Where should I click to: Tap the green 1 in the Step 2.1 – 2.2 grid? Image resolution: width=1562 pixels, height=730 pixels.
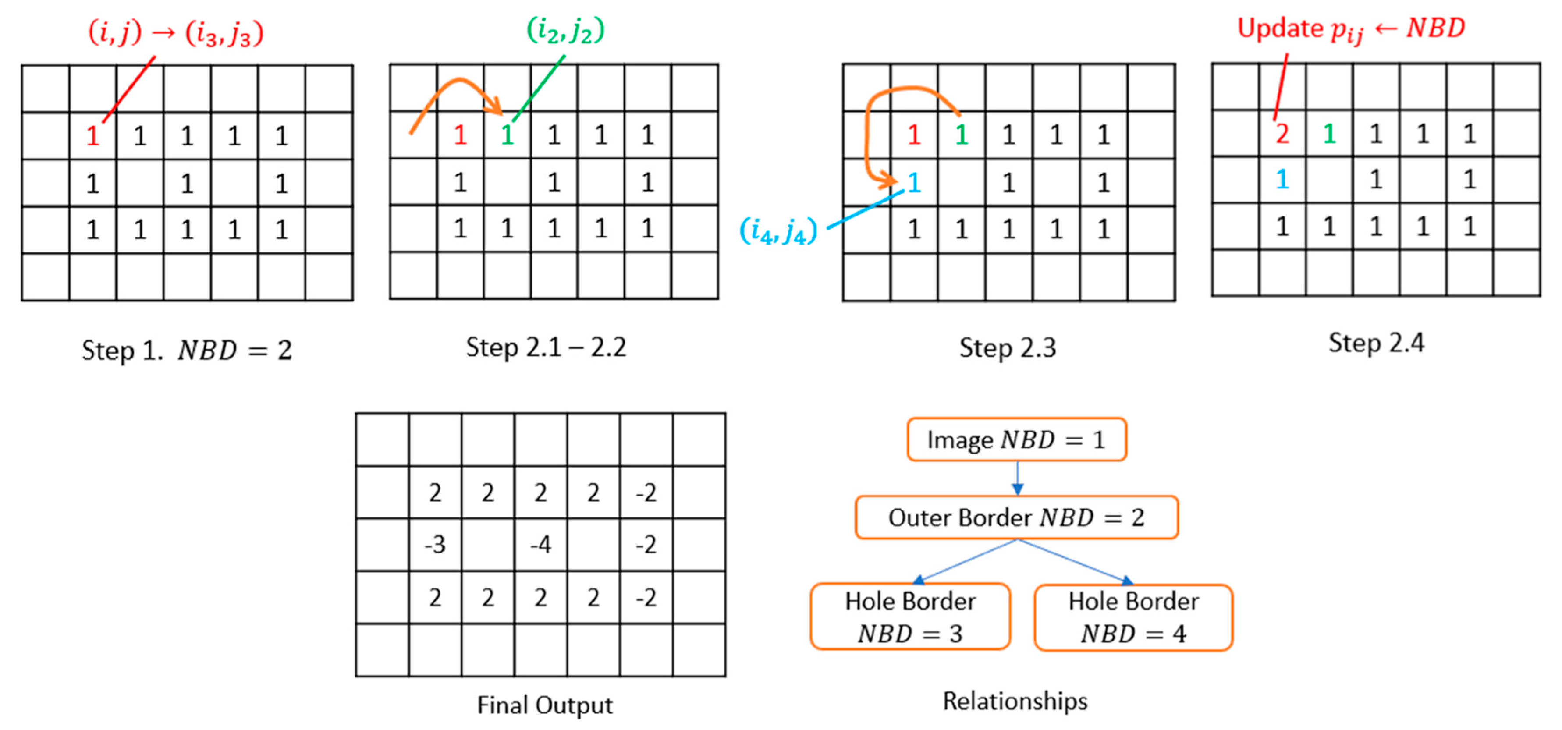coord(508,135)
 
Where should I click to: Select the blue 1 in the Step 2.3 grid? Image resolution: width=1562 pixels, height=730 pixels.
coord(914,182)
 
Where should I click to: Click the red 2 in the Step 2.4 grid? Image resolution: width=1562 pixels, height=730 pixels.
coord(1282,133)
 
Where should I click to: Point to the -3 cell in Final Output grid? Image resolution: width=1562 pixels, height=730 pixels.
coord(435,545)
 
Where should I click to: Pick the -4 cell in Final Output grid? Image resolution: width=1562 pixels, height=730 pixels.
coord(540,545)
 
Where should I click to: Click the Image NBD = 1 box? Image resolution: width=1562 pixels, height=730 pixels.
coord(1016,439)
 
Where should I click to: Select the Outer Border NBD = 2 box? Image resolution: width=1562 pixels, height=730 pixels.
coord(1016,517)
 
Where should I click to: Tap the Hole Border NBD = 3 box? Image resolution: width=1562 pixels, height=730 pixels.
coord(910,617)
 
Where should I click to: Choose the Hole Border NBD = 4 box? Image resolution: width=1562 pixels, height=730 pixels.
coord(1133,617)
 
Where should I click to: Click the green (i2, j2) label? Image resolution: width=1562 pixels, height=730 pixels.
coord(565,30)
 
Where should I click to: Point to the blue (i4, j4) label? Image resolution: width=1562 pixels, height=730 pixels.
coord(778,230)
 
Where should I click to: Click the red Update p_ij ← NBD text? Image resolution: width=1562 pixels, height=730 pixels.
coord(1351,29)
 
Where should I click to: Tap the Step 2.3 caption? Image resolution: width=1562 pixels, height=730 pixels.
coord(1007,348)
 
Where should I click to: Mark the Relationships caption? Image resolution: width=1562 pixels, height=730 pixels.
coord(1015,701)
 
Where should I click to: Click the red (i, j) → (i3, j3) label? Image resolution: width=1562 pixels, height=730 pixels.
coord(176,33)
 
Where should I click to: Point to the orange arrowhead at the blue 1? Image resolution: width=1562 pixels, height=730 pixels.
coord(890,180)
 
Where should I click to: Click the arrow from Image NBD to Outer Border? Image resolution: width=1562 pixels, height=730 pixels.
coord(1018,479)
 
